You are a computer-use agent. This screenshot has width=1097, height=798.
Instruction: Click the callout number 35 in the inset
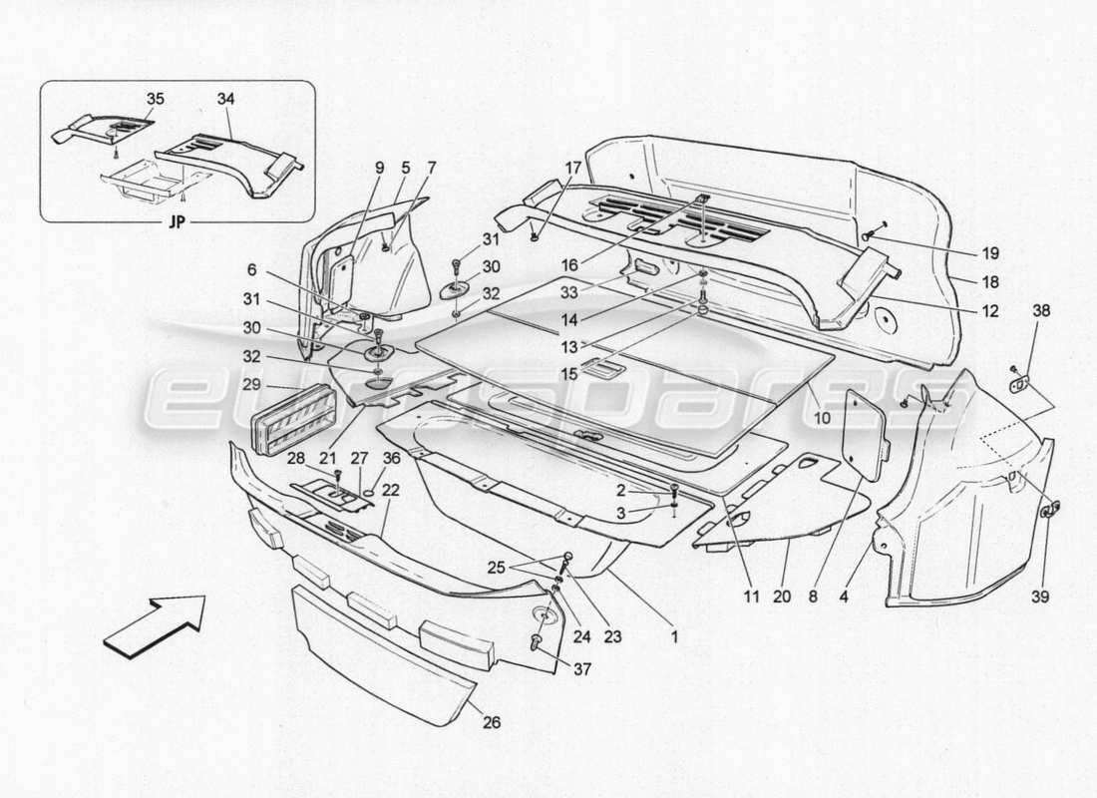coord(156,100)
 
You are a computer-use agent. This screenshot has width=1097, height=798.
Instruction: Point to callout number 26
coord(492,722)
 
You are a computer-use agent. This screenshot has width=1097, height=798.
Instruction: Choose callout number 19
coord(989,253)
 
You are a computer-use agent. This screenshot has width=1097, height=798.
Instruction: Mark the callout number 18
coord(989,281)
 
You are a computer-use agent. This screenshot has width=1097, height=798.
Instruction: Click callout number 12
coord(989,311)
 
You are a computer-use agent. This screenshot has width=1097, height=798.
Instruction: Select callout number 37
coord(581,669)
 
